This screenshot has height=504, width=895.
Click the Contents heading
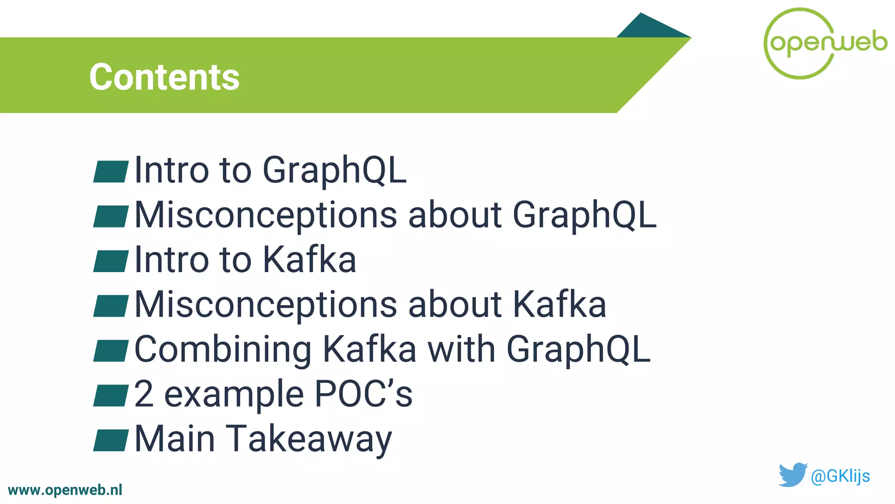pos(164,77)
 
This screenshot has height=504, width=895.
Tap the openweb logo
pos(825,43)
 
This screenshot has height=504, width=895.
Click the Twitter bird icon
pos(792,475)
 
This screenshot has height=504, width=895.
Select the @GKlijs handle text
pos(840,476)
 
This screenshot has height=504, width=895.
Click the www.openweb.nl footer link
pos(65,490)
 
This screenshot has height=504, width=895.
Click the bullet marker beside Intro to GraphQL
pos(111,171)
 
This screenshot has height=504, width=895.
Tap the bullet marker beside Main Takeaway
pos(111,440)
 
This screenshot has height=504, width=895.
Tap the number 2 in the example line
pos(144,394)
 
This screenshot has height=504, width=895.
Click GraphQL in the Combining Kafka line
pos(578,350)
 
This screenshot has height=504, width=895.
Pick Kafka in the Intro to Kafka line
pos(309,260)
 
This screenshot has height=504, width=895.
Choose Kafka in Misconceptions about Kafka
pos(559,304)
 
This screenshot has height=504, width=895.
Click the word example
pos(234,395)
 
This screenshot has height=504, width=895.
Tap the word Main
pos(175,439)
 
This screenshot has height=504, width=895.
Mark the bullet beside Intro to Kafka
pos(111,261)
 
